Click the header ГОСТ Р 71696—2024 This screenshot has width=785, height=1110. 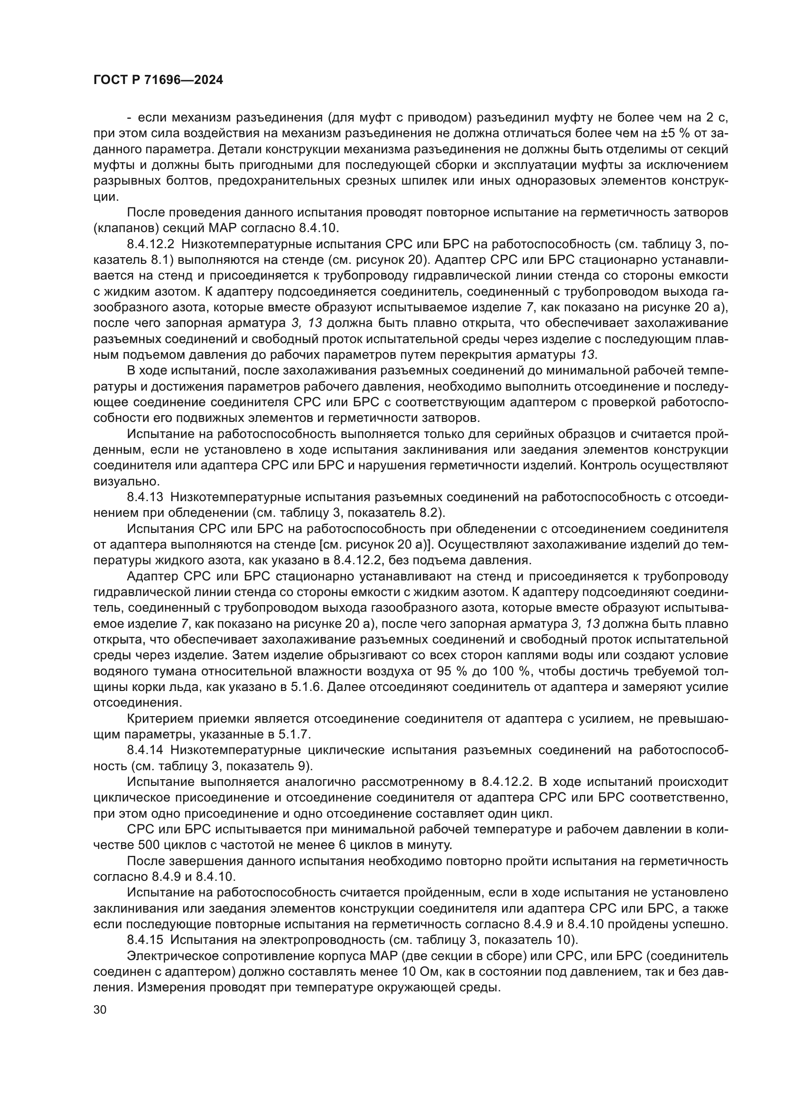coord(158,80)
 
